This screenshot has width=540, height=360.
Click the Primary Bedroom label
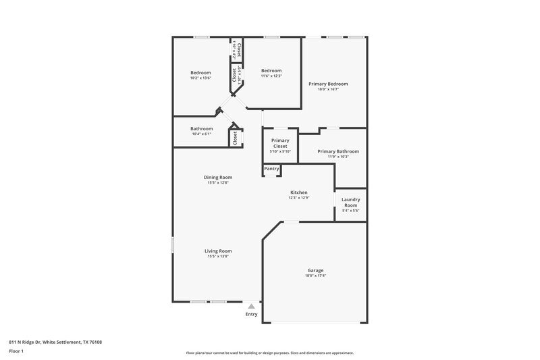(328, 84)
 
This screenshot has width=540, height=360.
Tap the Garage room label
(315, 270)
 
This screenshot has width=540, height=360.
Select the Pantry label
(271, 168)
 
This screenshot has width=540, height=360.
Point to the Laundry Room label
(350, 202)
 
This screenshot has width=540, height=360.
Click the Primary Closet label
(280, 143)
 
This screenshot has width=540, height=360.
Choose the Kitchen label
(298, 192)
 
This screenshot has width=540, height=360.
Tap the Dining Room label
(218, 177)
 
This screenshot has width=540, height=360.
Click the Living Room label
(218, 251)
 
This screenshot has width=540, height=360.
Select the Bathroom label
(201, 128)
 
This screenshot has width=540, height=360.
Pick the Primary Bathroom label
(337, 151)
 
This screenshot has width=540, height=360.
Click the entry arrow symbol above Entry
(251, 306)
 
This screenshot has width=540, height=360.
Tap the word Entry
(251, 314)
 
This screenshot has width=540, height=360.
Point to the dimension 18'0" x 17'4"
(315, 276)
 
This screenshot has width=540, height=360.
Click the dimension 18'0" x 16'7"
(328, 89)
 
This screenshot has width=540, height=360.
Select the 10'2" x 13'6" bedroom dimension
(200, 78)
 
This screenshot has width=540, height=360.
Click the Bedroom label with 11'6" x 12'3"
(271, 70)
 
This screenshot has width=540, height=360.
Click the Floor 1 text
(16, 351)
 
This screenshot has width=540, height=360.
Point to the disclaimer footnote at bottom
(269, 353)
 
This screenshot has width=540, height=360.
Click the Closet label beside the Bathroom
(235, 138)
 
